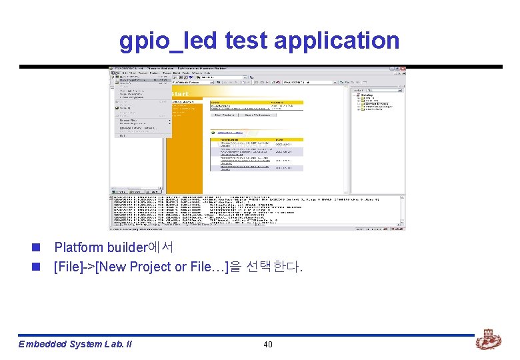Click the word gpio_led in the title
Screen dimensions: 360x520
tap(169, 41)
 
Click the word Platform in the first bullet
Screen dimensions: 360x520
tap(79, 248)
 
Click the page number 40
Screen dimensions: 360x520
tap(268, 345)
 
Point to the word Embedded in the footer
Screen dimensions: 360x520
tap(42, 345)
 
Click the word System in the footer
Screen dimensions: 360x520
tap(85, 345)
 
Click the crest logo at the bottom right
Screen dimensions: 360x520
tap(489, 341)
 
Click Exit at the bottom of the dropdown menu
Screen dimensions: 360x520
tap(123, 135)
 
